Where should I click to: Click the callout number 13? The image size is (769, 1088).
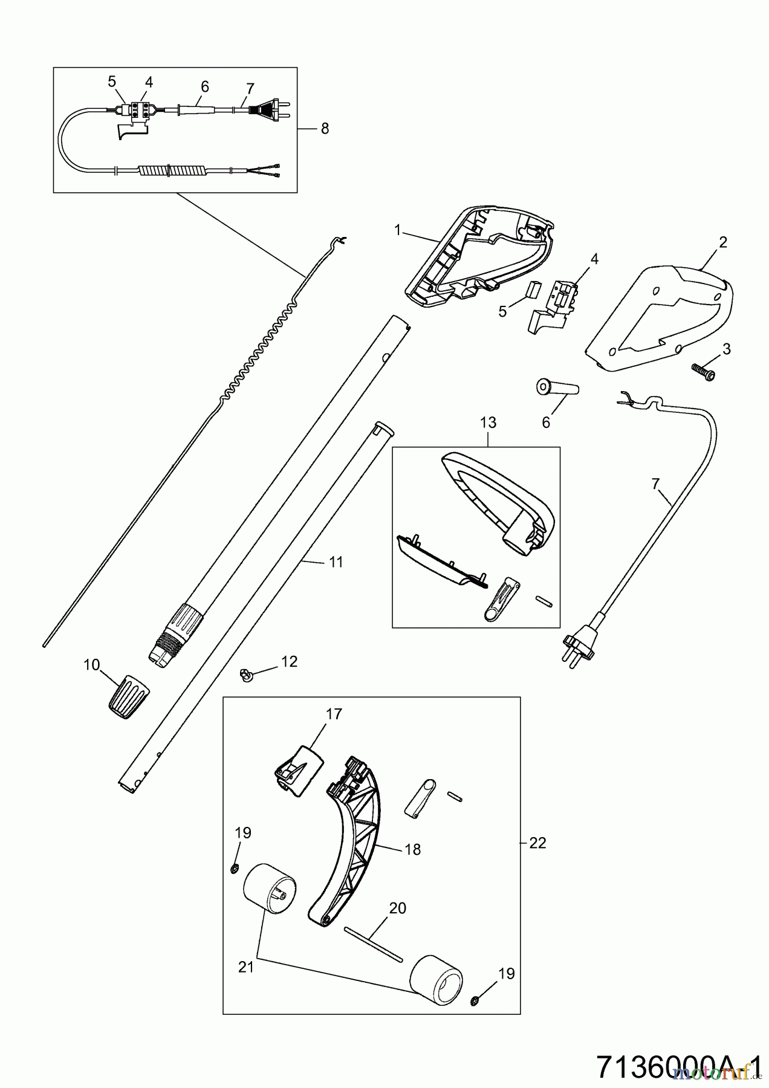click(x=488, y=423)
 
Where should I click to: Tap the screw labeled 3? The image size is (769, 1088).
click(x=704, y=371)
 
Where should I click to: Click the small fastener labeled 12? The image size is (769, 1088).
click(x=246, y=674)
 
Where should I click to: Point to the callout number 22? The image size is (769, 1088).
click(x=537, y=843)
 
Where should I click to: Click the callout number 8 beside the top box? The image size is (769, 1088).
click(x=325, y=128)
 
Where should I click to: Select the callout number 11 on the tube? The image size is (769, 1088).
click(x=336, y=562)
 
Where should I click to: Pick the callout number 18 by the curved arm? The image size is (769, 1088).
click(x=413, y=849)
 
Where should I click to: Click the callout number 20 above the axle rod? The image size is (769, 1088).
click(x=397, y=908)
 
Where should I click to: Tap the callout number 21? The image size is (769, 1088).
click(x=245, y=967)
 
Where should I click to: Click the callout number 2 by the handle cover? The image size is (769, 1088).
click(x=722, y=242)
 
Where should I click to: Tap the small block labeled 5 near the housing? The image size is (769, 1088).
click(x=531, y=290)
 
